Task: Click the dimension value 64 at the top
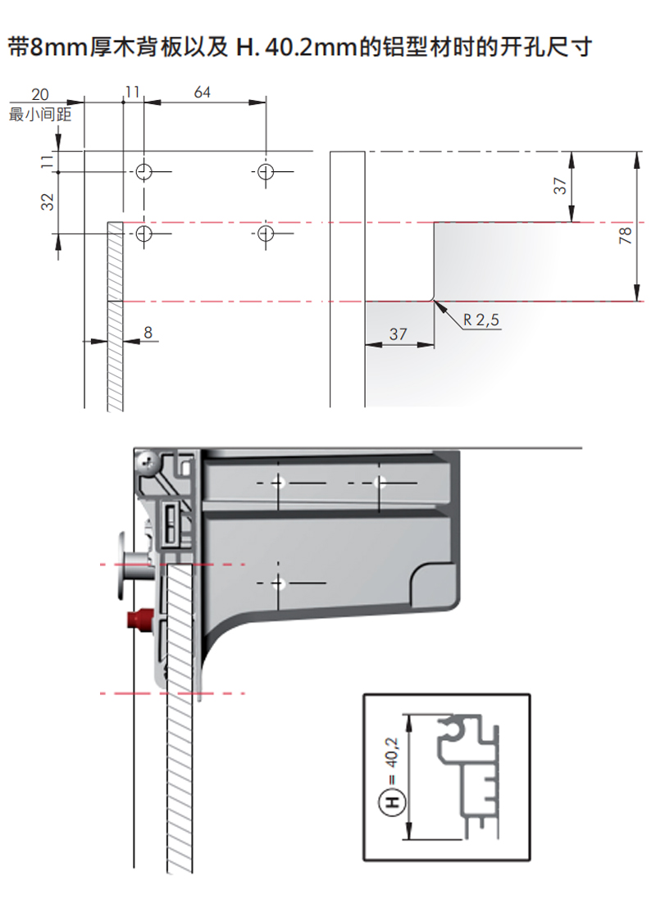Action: click(202, 93)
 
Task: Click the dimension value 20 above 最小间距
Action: click(40, 95)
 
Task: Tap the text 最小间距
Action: click(40, 113)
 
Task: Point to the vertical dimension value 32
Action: click(48, 202)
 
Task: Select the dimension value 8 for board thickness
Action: click(148, 332)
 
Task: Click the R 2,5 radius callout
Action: click(481, 320)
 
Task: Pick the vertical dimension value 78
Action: click(625, 235)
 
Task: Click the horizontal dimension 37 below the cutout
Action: click(398, 334)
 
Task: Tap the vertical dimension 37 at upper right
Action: click(560, 186)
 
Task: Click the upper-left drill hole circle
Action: click(144, 172)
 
